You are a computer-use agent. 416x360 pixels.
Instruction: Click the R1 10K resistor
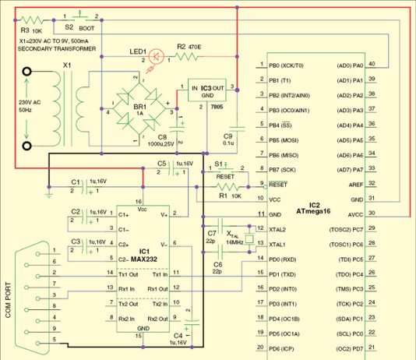tap(227, 187)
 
